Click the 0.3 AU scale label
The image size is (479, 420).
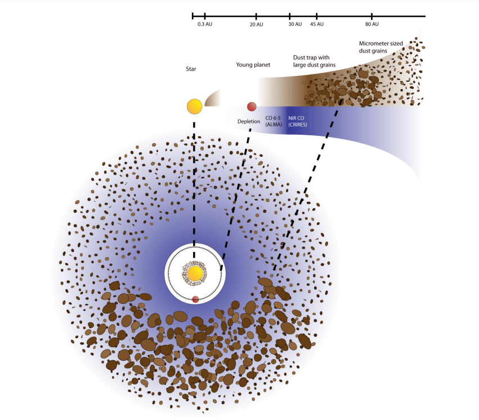[x=204, y=25]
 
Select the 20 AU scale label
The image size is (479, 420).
[x=257, y=25]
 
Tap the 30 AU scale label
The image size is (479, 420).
[x=294, y=25]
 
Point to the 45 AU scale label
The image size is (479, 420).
[x=317, y=25]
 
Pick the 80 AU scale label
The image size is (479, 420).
[x=371, y=25]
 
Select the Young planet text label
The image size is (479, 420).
[x=253, y=65]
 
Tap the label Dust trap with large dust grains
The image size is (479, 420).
[x=314, y=61]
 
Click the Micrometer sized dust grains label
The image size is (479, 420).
[x=381, y=47]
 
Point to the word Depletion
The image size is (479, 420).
[x=248, y=121]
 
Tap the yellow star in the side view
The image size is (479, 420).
[x=194, y=106]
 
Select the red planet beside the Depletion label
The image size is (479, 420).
[x=252, y=106]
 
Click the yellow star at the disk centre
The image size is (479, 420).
[x=195, y=274]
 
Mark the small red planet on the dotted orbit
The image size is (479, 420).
[x=195, y=299]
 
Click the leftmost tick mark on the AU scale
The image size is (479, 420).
[x=193, y=16]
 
